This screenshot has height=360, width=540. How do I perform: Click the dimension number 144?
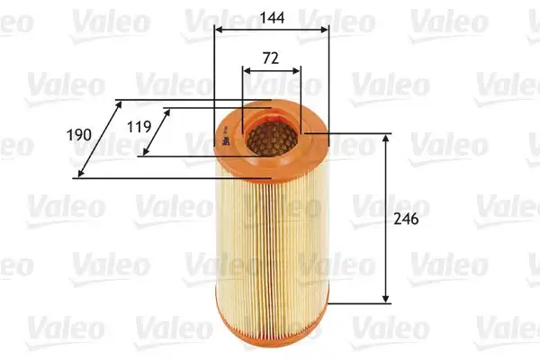click(x=271, y=15)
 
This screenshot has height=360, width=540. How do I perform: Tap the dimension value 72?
click(x=271, y=58)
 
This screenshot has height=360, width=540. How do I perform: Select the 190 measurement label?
click(x=80, y=134)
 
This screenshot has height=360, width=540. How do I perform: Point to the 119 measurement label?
click(x=139, y=127)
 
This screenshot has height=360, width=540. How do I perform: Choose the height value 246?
click(x=407, y=219)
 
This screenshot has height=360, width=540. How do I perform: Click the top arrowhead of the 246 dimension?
click(x=387, y=138)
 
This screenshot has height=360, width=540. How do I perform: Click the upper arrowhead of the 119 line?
click(x=167, y=112)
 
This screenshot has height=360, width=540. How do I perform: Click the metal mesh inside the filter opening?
click(x=271, y=136)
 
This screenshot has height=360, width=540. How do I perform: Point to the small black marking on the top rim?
click(x=220, y=137)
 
